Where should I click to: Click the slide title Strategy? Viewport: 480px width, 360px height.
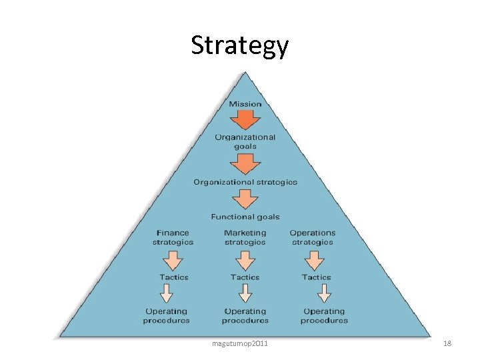[x=239, y=45]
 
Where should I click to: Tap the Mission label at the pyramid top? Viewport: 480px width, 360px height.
[x=245, y=103]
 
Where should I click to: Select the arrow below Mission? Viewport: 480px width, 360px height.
[x=245, y=120]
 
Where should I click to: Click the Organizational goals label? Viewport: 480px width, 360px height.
[x=245, y=141]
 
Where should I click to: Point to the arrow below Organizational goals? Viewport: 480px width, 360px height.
[x=245, y=163]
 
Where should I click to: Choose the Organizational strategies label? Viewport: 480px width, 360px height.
[x=245, y=182]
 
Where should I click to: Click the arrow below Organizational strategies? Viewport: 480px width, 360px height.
[x=245, y=199]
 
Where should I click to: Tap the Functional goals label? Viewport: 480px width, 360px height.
[x=245, y=217]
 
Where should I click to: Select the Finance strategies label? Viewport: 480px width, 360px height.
[x=173, y=237]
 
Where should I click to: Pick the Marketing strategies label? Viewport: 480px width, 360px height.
[x=245, y=237]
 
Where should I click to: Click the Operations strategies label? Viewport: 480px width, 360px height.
[x=313, y=237]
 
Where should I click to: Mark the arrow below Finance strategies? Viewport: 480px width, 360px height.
[x=173, y=259]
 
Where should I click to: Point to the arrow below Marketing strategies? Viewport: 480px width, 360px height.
[x=245, y=259]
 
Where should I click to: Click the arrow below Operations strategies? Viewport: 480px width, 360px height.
[x=315, y=259]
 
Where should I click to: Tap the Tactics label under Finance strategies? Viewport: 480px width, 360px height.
[x=174, y=277]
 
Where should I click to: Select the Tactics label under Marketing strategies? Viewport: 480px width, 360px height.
[x=245, y=277]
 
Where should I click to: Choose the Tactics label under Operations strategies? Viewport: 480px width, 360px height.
[x=316, y=277]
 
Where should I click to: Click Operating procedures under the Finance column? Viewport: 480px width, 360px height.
[x=167, y=315]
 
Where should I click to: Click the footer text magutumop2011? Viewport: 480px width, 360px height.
[x=240, y=343]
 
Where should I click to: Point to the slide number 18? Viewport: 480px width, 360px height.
[x=447, y=343]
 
